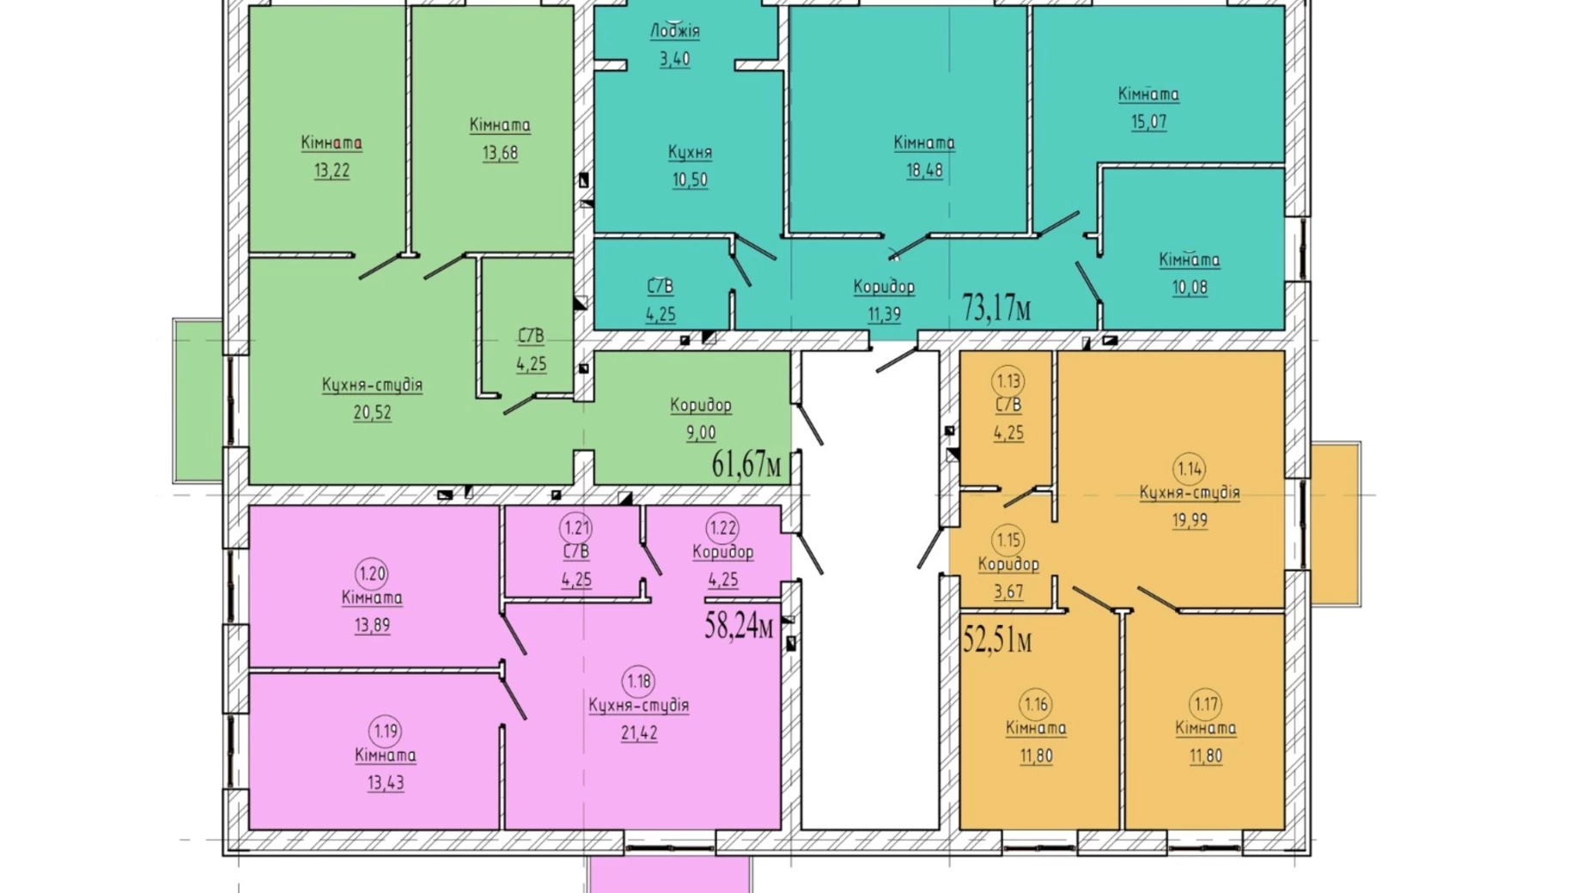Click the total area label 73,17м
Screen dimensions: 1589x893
click(x=996, y=307)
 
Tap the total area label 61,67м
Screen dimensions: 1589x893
click(x=746, y=465)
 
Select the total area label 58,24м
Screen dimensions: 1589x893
click(x=739, y=626)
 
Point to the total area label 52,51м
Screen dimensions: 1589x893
click(x=997, y=640)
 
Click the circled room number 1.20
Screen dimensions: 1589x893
click(x=372, y=573)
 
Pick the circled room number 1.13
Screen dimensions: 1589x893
click(x=1008, y=380)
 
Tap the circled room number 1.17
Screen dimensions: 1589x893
click(x=1206, y=704)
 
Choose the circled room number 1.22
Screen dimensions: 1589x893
click(x=722, y=527)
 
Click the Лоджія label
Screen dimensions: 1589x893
click(x=675, y=31)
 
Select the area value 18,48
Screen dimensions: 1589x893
click(x=924, y=170)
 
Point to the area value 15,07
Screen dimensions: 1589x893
click(x=1148, y=121)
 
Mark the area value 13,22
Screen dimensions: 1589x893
click(x=332, y=170)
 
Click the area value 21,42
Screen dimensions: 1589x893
click(x=639, y=732)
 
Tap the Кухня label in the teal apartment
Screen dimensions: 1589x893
click(x=690, y=152)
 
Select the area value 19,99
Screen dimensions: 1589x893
click(x=1190, y=519)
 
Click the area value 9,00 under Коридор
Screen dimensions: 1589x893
click(x=701, y=432)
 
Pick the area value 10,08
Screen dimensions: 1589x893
click(x=1190, y=287)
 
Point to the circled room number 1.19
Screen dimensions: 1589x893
click(x=386, y=731)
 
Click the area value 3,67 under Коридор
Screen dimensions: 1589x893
click(x=1008, y=591)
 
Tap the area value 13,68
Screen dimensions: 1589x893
click(x=500, y=153)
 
